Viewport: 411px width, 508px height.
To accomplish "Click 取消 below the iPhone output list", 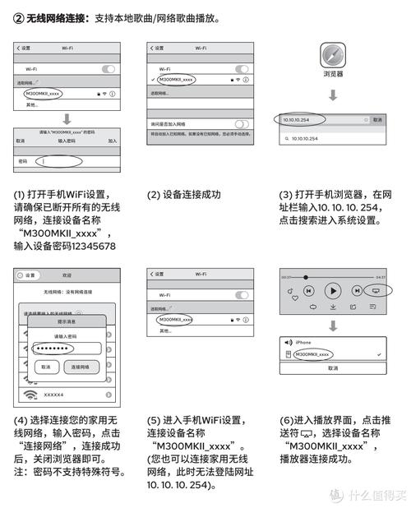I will coord(332,368).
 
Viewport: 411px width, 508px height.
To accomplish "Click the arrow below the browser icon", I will coord(332,96).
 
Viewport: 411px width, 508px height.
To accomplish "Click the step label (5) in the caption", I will coord(154,421).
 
